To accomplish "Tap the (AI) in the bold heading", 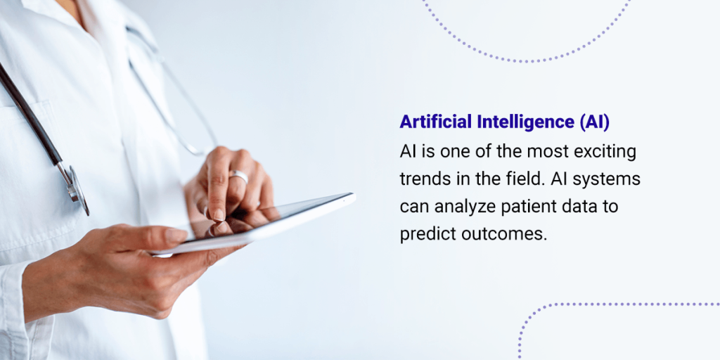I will pyautogui.click(x=595, y=122).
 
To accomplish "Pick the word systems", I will pyautogui.click(x=610, y=179).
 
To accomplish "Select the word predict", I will pyautogui.click(x=427, y=235).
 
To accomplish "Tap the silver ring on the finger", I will pyautogui.click(x=240, y=176).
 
